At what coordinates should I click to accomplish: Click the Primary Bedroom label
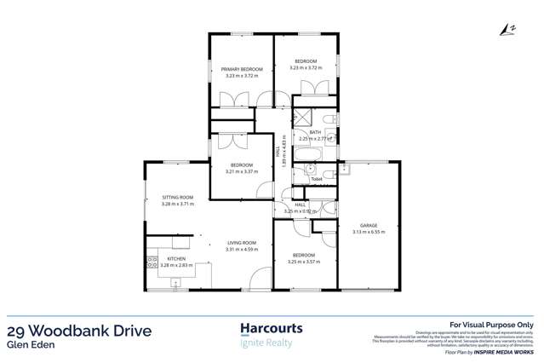(x=242, y=69)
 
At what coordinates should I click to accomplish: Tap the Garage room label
(x=366, y=224)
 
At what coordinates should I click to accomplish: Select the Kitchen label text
(x=176, y=258)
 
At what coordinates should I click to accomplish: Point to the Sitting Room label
(x=178, y=197)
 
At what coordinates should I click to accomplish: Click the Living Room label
(x=241, y=242)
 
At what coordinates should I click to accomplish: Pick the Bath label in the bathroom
(x=315, y=132)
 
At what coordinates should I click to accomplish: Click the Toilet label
(x=317, y=179)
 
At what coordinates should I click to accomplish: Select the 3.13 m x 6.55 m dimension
(x=367, y=231)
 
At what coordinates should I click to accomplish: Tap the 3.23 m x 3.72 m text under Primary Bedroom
(x=242, y=76)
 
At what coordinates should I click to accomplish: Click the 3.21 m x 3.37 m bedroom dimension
(x=241, y=171)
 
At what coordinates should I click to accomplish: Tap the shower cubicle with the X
(x=302, y=118)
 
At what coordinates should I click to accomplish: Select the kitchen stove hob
(x=153, y=260)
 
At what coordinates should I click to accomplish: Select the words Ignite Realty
(x=266, y=343)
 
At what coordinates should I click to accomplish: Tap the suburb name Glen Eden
(x=26, y=346)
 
